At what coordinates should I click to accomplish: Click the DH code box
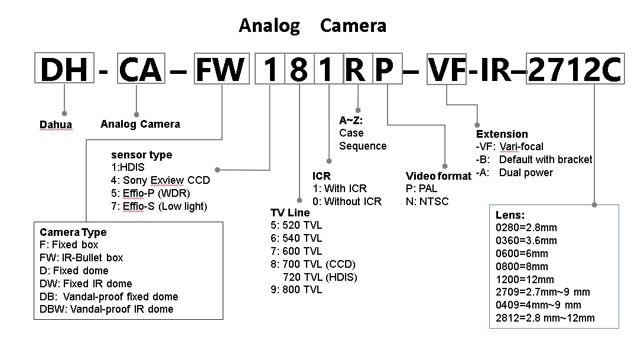tap(64, 70)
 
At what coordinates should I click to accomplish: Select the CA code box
tap(139, 70)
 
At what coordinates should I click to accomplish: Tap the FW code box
tap(220, 70)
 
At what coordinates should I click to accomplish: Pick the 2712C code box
tap(574, 70)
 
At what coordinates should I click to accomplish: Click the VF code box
tap(447, 70)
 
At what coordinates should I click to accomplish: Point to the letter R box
tap(356, 70)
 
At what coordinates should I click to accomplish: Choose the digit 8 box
tap(299, 70)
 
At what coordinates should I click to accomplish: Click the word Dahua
tap(56, 125)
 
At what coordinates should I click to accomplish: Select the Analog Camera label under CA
tap(140, 124)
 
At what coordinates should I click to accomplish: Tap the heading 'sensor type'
tap(141, 155)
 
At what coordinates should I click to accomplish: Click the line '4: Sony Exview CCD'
tap(160, 180)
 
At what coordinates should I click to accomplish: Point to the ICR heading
tap(321, 176)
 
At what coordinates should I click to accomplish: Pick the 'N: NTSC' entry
tap(427, 202)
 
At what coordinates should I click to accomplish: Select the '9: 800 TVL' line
tap(296, 290)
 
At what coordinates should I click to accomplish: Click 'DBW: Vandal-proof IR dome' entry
tap(106, 309)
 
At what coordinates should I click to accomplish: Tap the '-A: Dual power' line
tap(514, 173)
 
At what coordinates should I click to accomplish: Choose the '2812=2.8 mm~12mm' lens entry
tap(545, 318)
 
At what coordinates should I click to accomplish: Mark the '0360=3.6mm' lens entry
tap(526, 241)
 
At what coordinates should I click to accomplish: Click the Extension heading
tap(502, 134)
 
